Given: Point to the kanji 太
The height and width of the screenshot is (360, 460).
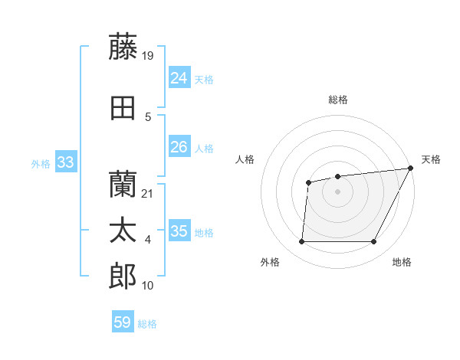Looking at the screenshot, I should coord(123,231).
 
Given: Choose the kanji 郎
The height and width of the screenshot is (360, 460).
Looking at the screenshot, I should coord(123,277).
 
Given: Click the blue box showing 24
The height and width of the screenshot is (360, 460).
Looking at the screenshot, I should coord(179,77).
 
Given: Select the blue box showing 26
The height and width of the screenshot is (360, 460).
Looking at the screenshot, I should coord(179,146).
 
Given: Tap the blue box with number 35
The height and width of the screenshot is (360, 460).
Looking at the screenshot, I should coord(179,231).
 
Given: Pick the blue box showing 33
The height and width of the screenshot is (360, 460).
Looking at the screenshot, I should coord(65,162).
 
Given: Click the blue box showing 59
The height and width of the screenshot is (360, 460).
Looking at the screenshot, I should coord(123,322).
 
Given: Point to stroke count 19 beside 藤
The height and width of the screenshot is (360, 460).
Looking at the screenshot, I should coord(148,55).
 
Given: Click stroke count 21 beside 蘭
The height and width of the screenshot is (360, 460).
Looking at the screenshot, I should coord(148,194).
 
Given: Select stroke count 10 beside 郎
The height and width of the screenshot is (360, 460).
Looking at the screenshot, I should coord(148,286).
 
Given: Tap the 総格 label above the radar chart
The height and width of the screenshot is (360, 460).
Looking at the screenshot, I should coord(338,100).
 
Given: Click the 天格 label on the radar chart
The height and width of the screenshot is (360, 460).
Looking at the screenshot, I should coord(431,159).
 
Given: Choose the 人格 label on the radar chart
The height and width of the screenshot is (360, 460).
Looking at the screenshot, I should coord(245,159).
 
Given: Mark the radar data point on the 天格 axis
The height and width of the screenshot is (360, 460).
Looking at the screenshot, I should coord(411,168).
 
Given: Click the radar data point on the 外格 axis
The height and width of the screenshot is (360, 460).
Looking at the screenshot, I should coord(301,242).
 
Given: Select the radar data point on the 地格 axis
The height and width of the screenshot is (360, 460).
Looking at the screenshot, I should coord(374,242).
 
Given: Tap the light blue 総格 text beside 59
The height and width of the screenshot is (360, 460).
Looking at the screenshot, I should coord(147,324).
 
